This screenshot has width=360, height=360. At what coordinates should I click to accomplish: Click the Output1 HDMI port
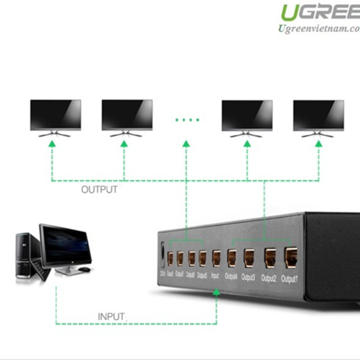tap(291, 257)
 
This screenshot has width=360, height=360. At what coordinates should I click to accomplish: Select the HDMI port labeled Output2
tap(270, 258)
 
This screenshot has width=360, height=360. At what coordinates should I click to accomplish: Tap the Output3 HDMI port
tap(249, 258)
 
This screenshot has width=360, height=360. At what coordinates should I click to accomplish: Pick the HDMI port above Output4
tap(232, 258)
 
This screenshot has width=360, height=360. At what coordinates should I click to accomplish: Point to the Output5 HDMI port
tap(203, 258)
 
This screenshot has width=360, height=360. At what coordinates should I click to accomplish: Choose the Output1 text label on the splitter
tap(289, 279)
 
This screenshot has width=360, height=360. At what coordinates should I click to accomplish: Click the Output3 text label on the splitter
tap(248, 278)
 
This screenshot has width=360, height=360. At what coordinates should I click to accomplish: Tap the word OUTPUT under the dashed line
tap(99, 190)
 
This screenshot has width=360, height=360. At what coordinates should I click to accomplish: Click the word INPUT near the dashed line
tap(111, 317)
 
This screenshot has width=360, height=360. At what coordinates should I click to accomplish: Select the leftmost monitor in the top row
tap(55, 115)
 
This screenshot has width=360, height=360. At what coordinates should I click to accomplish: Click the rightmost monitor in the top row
tap(318, 115)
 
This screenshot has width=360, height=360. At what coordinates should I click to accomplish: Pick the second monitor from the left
tap(127, 115)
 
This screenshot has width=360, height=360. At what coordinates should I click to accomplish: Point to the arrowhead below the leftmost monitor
tap(53, 144)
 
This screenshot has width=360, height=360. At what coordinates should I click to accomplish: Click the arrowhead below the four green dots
tap(186, 144)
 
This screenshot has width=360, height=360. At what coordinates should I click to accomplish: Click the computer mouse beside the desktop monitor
tap(84, 269)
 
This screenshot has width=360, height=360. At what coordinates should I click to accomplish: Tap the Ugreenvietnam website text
tap(319, 29)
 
